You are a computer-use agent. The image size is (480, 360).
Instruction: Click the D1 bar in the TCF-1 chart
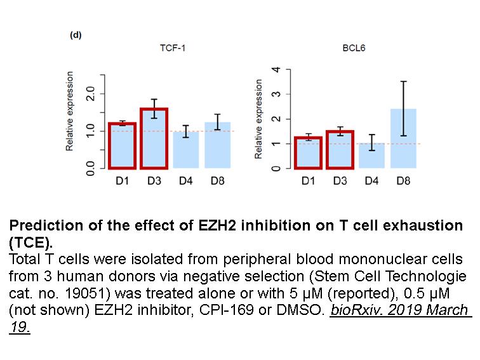122,146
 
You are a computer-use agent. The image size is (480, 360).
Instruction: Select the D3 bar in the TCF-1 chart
154,138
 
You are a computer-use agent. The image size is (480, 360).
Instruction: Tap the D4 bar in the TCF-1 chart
186,150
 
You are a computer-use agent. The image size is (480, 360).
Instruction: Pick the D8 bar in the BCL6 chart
403,138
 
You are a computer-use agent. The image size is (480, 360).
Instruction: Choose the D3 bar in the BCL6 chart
340,150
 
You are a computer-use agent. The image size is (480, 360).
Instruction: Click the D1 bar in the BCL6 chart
308,153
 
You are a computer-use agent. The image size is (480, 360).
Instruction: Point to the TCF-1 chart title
172,48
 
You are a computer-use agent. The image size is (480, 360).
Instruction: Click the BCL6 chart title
354,48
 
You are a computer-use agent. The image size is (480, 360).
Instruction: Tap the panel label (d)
76,35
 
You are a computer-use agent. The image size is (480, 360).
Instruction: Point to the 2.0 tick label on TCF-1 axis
90,93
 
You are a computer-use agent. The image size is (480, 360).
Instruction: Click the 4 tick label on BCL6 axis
276,69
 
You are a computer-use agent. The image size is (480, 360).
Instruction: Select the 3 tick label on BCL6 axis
276,94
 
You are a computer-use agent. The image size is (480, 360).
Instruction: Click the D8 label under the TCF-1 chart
217,181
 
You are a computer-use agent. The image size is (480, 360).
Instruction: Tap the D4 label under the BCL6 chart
371,181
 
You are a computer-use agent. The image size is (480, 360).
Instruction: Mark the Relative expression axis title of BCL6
258,119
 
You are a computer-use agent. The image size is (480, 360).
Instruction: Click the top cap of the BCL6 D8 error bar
403,81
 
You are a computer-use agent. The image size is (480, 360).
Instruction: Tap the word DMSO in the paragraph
300,310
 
